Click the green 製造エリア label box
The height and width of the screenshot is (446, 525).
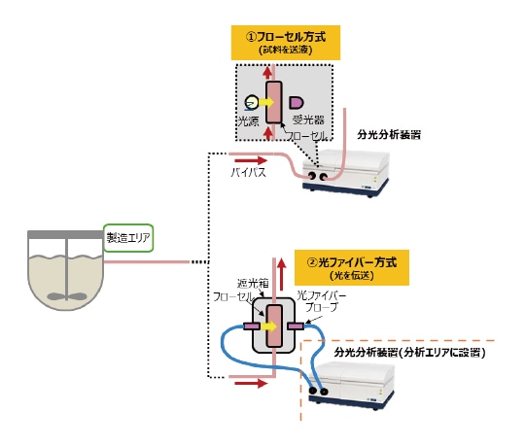click(x=129, y=237)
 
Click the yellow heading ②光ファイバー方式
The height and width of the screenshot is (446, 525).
click(x=352, y=265)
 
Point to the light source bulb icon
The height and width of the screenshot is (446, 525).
click(x=252, y=101)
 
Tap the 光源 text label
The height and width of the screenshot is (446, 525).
click(x=250, y=120)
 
